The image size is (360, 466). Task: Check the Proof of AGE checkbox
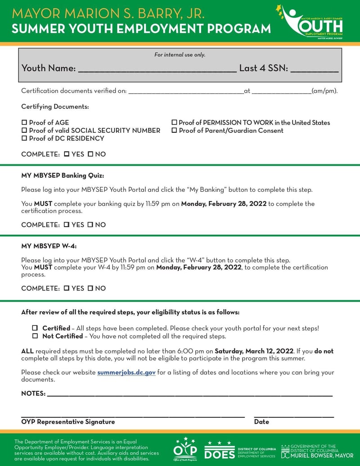point(24,122)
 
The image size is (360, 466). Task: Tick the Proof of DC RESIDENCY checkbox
point(24,139)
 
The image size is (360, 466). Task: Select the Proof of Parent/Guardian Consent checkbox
point(174,131)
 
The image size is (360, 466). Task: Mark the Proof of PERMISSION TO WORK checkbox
point(174,122)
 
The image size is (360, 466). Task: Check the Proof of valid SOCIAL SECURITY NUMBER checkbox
point(24,131)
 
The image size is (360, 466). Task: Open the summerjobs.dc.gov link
point(126,373)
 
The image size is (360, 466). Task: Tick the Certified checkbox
point(35,328)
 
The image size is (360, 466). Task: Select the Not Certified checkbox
point(35,336)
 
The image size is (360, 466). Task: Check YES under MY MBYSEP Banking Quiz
point(67,225)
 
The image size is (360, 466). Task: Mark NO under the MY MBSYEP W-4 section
point(90,288)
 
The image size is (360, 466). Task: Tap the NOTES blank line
point(189,394)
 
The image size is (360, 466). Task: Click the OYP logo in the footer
point(185,449)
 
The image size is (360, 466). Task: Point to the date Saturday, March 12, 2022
point(253,351)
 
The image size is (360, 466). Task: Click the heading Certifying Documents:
point(55,107)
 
